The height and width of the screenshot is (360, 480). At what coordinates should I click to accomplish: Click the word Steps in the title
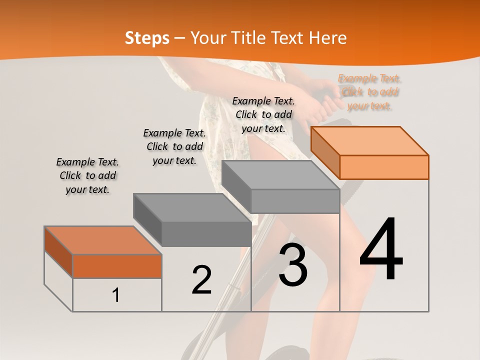point(147,38)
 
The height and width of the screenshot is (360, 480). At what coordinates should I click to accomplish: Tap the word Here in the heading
point(328,38)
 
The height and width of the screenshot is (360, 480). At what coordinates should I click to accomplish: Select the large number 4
point(381,249)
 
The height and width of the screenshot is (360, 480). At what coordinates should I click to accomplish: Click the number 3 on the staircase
point(293,264)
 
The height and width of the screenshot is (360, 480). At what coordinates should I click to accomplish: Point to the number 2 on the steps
point(201,280)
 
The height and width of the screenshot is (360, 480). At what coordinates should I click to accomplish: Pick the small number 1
point(116,295)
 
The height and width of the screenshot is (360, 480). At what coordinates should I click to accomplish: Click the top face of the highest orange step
point(369,140)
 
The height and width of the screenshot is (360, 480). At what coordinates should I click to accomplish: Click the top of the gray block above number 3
point(280,174)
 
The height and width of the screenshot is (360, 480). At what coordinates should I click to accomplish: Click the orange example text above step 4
point(370,92)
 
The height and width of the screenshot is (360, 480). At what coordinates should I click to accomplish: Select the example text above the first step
point(87,175)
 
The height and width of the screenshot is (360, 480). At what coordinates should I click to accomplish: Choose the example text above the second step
point(174,146)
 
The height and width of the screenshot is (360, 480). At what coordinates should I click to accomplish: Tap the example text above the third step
point(263,114)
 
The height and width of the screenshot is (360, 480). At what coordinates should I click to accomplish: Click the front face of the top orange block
point(384,167)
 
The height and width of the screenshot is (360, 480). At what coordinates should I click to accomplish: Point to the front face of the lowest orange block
point(117,266)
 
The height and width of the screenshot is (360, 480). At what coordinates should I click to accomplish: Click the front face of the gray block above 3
point(295,201)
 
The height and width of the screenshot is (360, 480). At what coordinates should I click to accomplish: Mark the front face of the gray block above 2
point(206,234)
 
